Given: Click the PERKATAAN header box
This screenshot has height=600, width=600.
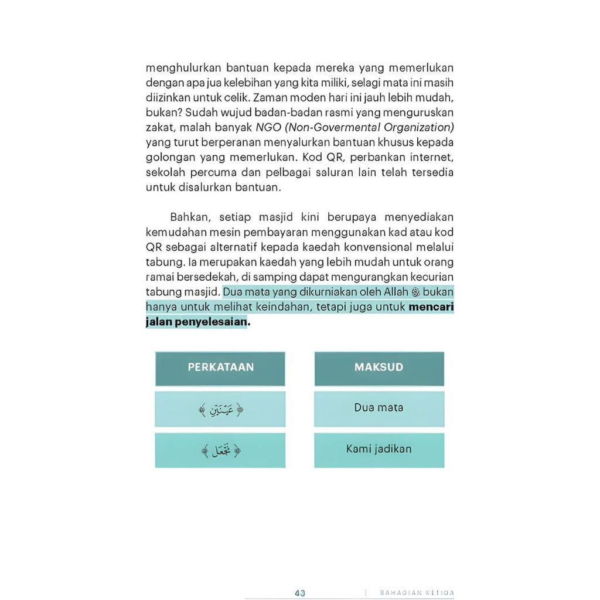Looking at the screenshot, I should (x=220, y=368).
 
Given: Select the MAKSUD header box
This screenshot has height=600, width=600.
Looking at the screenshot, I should (x=379, y=368).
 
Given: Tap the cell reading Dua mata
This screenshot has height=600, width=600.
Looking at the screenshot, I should (x=379, y=408).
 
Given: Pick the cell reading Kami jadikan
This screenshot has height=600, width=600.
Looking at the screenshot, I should (x=379, y=449).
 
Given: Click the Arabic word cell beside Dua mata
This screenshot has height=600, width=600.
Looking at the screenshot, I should (x=220, y=409).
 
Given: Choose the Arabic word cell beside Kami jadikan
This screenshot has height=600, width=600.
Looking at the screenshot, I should (x=220, y=450).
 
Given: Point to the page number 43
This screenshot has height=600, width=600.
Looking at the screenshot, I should (x=300, y=592).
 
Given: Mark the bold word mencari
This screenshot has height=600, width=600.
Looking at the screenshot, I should (x=431, y=307).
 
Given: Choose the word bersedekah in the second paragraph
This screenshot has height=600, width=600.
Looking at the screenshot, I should (x=206, y=277).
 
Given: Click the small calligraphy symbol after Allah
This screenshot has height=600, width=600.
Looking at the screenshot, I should (x=417, y=292).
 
